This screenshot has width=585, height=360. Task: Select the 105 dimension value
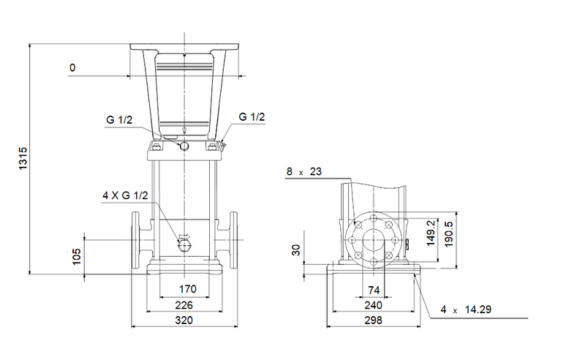[x=78, y=255]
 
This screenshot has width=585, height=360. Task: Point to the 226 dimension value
[x=185, y=305]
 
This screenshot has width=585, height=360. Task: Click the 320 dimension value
[x=185, y=320]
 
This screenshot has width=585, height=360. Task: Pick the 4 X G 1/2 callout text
[x=126, y=195]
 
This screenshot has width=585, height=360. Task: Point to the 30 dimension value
[x=296, y=250]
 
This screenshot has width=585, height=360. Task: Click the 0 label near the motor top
[x=72, y=67]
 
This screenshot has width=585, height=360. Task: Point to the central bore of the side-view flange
[x=374, y=240]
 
